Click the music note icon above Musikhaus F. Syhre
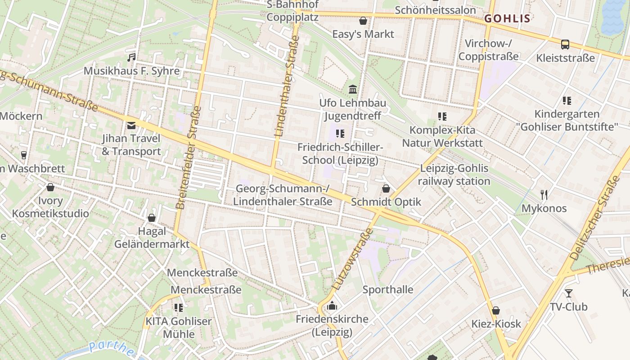(131, 58)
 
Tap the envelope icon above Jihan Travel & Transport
(131, 126)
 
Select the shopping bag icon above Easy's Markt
(363, 21)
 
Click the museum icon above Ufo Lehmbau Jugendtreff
(353, 90)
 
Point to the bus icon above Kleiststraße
(565, 45)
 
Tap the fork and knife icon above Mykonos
(544, 195)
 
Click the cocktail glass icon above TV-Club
(569, 293)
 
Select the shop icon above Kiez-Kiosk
(496, 310)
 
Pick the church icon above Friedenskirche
(332, 306)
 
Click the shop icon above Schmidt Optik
(386, 189)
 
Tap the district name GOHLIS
(507, 18)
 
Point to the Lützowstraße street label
(353, 258)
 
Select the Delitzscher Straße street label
(595, 219)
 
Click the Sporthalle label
(388, 289)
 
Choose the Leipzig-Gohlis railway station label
(454, 175)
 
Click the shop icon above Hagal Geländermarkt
(152, 218)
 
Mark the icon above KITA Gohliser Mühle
(179, 308)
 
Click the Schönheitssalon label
(435, 10)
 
